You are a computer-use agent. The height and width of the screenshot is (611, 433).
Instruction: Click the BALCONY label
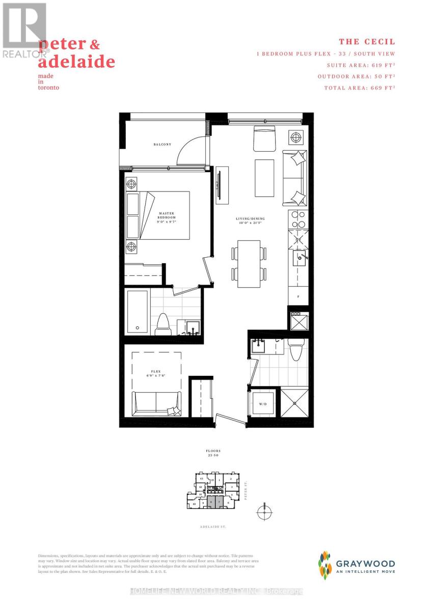(163, 145)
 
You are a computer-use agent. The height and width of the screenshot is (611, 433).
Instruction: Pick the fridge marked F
(298, 295)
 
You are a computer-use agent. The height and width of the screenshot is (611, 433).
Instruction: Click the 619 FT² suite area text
(361, 65)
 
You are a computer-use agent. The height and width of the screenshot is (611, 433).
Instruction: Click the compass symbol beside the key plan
(264, 512)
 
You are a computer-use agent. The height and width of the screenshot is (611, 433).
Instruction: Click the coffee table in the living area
(264, 173)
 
